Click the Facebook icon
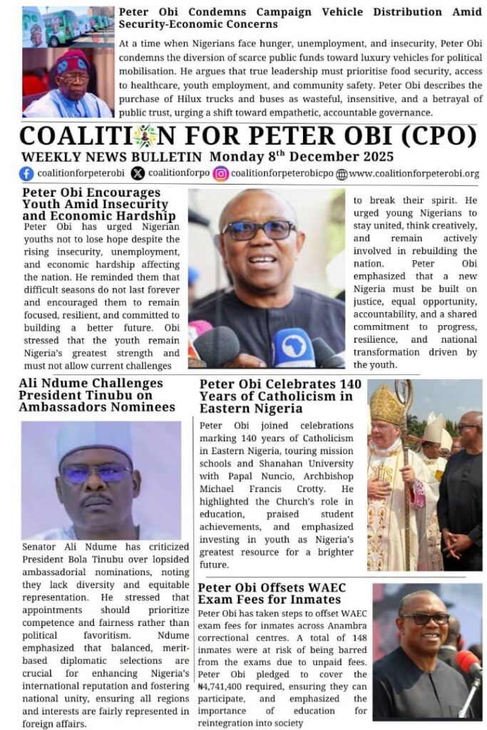(26, 173)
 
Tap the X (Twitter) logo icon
(138, 173)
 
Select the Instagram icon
(221, 173)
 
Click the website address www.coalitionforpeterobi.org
(414, 173)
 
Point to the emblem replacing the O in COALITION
(145, 135)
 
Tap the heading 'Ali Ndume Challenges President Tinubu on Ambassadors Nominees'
(97, 395)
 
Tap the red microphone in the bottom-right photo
(468, 663)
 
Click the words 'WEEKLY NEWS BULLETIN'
(113, 157)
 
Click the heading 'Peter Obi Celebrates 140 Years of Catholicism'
(280, 396)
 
